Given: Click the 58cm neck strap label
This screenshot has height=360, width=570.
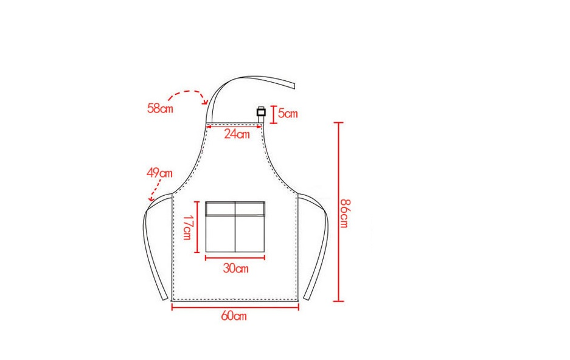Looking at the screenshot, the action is (x=160, y=108).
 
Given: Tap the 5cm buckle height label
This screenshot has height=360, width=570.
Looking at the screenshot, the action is (x=288, y=114).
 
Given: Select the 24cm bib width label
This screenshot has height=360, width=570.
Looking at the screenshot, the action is (x=237, y=134).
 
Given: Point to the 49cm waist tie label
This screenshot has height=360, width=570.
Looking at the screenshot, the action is (x=159, y=173).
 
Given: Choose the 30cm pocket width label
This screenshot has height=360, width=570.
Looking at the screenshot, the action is (x=236, y=269).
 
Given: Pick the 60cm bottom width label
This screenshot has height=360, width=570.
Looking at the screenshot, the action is (x=234, y=316).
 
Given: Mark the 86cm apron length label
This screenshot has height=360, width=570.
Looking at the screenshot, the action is (x=345, y=213).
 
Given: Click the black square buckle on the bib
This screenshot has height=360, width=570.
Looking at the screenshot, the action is (x=261, y=112).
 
